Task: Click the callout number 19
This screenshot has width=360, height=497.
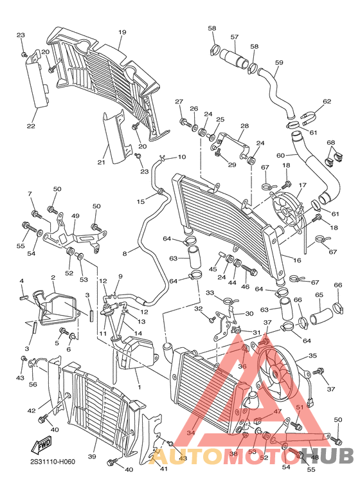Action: [122, 32]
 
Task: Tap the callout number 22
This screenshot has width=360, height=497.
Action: [31, 127]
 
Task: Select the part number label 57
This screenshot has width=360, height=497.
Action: [235, 37]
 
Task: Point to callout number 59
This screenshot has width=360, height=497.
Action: [279, 62]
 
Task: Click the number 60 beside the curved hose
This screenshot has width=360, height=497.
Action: [280, 155]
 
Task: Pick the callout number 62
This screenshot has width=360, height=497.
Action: [327, 102]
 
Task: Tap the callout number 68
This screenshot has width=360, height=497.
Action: [331, 142]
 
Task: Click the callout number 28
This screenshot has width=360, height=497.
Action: [244, 126]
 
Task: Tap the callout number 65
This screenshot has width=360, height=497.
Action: [318, 295]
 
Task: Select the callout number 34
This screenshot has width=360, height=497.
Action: [190, 433]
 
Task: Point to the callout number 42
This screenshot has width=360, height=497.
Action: [31, 410]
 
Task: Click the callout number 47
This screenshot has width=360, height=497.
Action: [278, 411]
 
